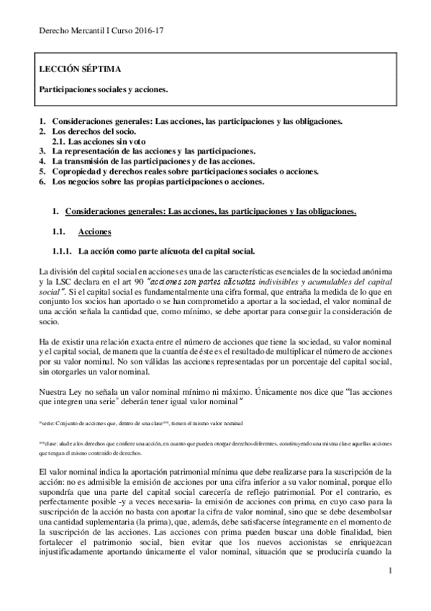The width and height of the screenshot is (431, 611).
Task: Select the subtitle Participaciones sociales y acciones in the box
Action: click(104, 89)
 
